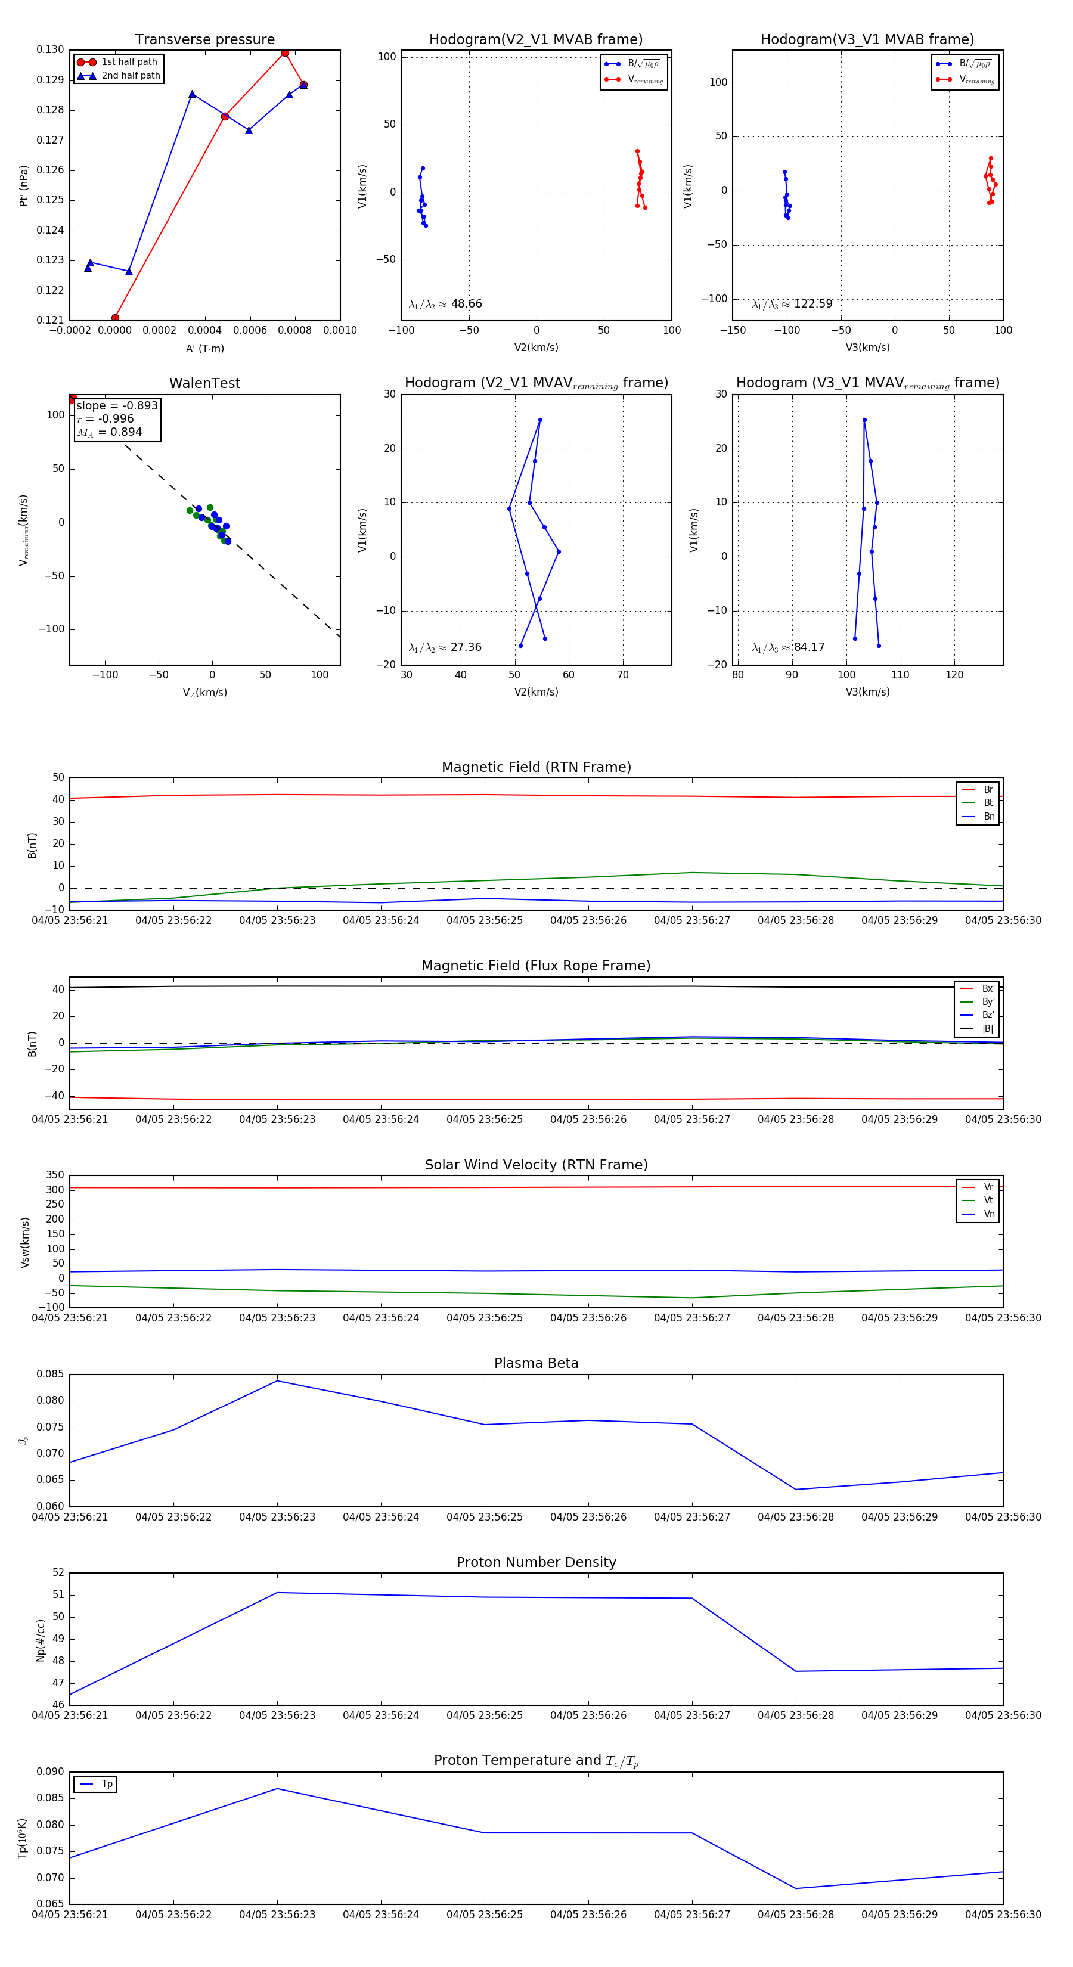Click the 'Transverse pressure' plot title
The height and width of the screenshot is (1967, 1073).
pos(204,40)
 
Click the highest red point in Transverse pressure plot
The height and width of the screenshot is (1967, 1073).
pos(285,52)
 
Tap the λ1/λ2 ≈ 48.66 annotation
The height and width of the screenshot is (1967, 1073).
pos(445,304)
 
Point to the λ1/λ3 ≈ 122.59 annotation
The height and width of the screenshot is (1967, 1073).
pos(792,304)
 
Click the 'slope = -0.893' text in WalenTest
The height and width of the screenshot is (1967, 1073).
pos(117,405)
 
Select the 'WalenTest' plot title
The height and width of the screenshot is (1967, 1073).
pos(204,383)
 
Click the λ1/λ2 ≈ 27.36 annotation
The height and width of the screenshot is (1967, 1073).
pos(445,647)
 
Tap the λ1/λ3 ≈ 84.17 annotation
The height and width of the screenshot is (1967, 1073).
pos(788,647)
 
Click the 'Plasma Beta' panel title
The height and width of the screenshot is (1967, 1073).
pos(536,1363)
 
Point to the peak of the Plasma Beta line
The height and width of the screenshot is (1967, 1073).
pos(277,1380)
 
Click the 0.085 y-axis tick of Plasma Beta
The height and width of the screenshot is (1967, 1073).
pos(51,1374)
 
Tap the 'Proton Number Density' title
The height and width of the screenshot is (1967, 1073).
pos(536,1562)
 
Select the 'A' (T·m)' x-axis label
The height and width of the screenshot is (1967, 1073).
pos(204,348)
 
